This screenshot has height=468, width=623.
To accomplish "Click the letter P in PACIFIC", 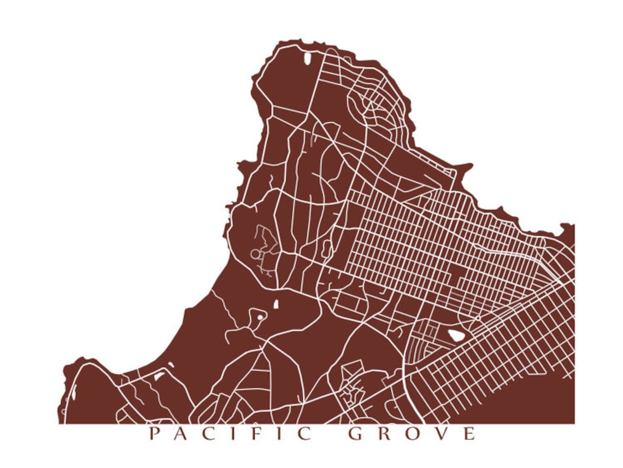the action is pyautogui.click(x=155, y=434).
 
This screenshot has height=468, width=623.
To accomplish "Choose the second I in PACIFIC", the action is pyautogui.click(x=281, y=434).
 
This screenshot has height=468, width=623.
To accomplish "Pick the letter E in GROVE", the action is pyautogui.click(x=469, y=434).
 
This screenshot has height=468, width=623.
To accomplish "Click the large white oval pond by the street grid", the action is pyautogui.click(x=455, y=335).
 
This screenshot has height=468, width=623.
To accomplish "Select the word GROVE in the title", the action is pyautogui.click(x=413, y=434).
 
